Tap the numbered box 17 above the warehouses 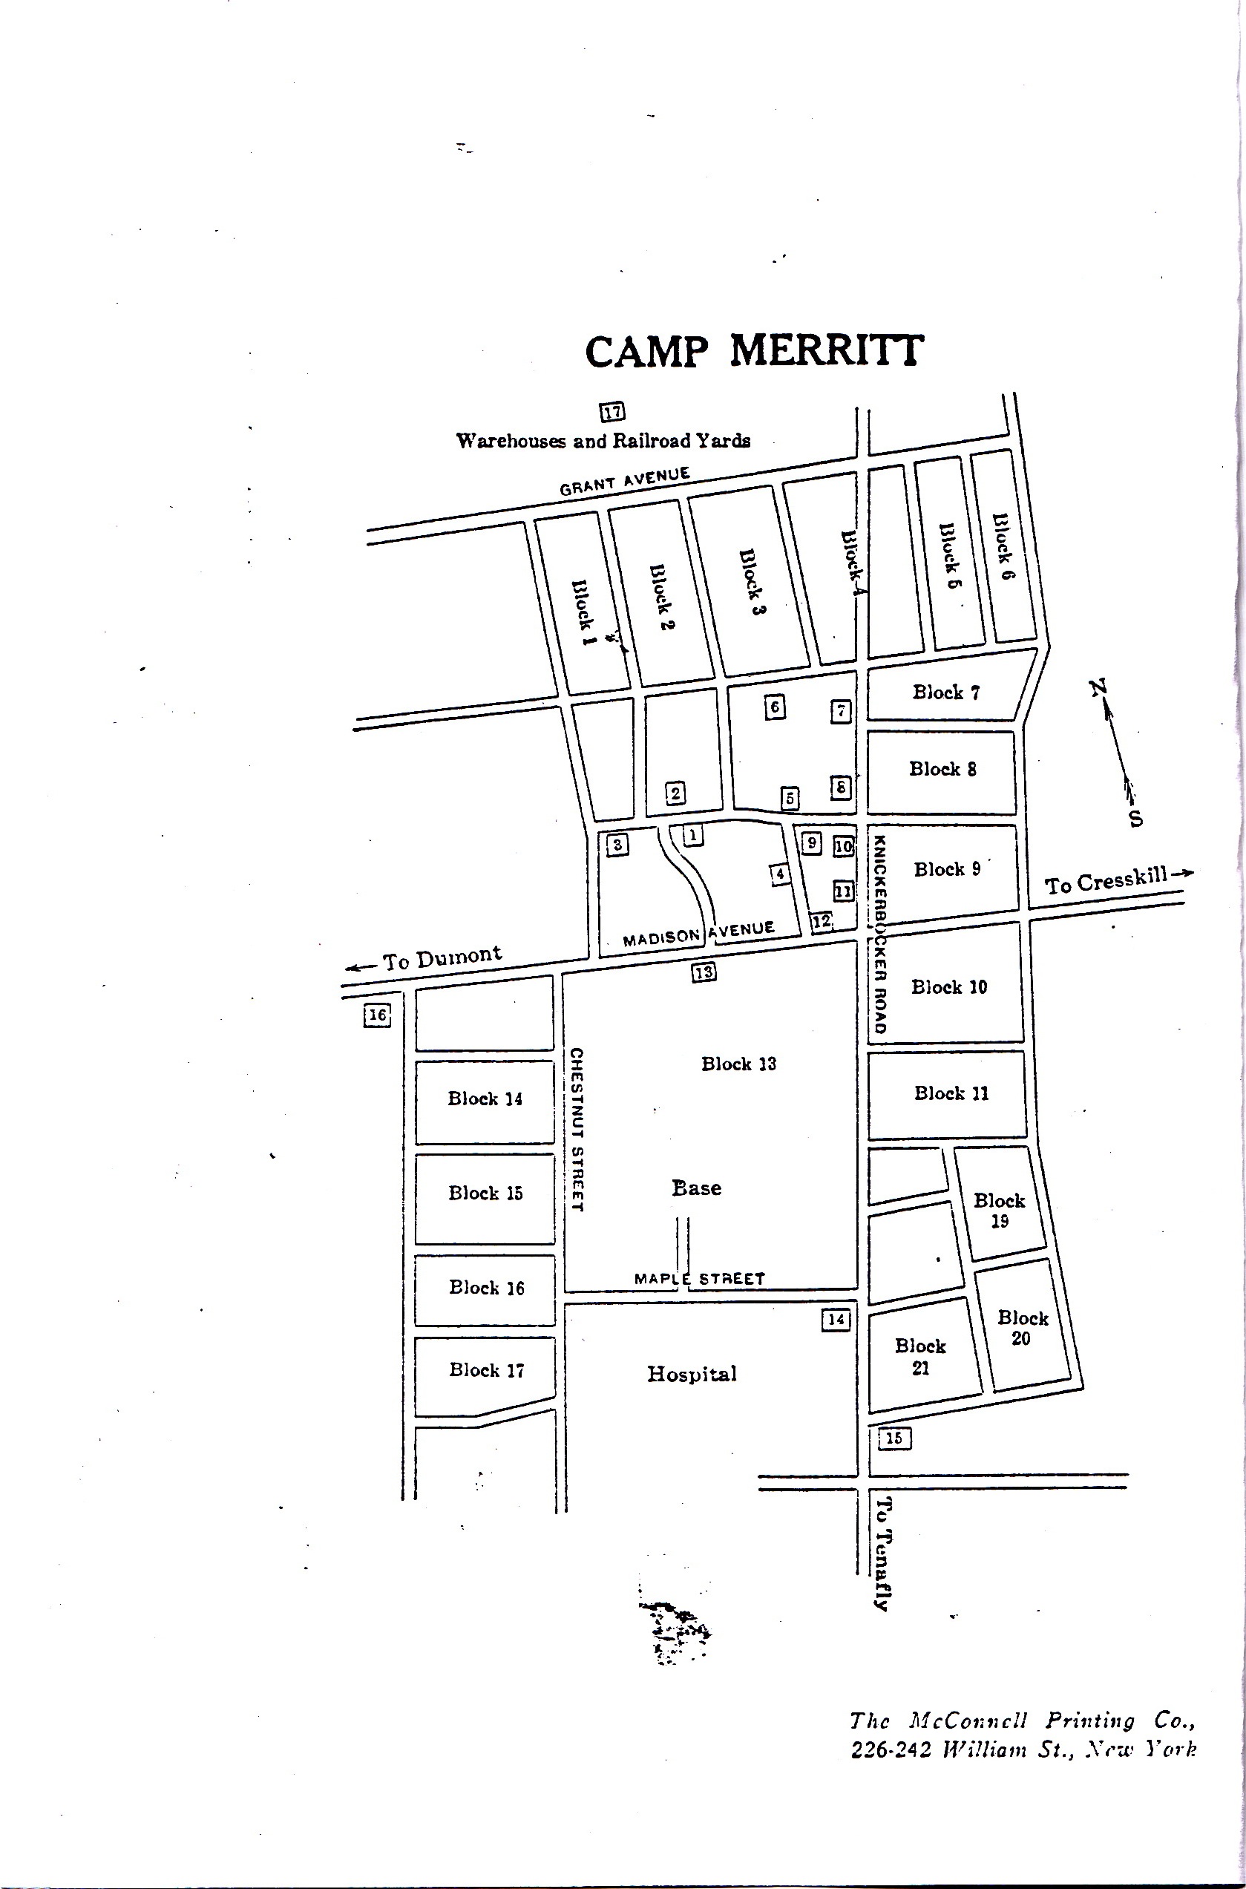click(x=612, y=412)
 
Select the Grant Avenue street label click(x=625, y=482)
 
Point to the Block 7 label click(x=945, y=693)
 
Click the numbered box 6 click(x=776, y=707)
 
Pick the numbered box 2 click(x=675, y=792)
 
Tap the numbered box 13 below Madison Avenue click(x=704, y=971)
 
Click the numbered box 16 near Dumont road click(x=378, y=1015)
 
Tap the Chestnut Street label click(x=577, y=1129)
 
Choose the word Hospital click(x=692, y=1373)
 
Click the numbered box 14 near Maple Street click(x=835, y=1320)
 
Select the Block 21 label click(x=920, y=1357)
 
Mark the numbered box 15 click(x=894, y=1438)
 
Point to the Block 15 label click(x=485, y=1193)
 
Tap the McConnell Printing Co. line click(x=1023, y=1721)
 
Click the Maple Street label click(x=699, y=1279)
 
